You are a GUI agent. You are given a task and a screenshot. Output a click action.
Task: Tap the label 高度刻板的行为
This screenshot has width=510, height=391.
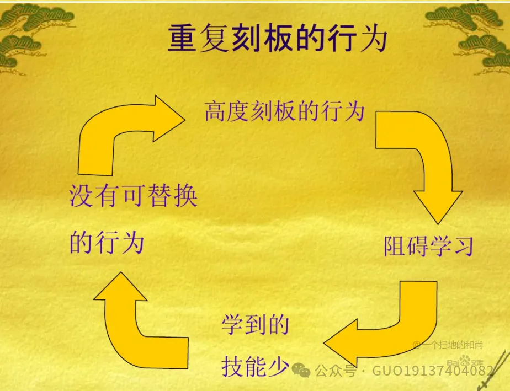coord(284,111)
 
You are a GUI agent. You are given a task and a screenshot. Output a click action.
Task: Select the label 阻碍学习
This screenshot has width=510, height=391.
coord(428,247)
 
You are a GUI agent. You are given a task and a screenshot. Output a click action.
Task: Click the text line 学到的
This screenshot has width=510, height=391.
coord(256,325)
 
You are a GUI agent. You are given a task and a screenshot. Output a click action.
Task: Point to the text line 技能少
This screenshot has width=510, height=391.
coord(256,365)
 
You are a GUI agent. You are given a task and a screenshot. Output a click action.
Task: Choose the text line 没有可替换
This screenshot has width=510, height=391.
coord(133,196)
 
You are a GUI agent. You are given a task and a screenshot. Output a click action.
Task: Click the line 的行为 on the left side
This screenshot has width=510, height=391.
coord(107,242)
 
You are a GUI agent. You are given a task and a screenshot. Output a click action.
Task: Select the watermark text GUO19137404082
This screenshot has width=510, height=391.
coord(432,371)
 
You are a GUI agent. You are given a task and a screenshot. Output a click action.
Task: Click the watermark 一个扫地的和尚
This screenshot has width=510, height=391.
coord(450,345)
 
